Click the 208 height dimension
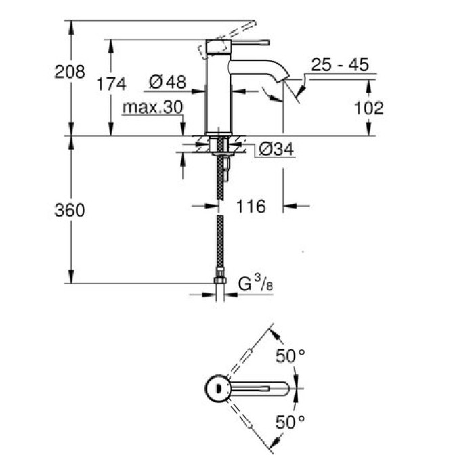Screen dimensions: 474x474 (70, 71)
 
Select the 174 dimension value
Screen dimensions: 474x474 (111, 84)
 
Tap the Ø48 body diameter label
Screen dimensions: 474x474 (167, 83)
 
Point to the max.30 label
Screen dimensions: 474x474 (153, 108)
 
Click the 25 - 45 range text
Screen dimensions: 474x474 (339, 65)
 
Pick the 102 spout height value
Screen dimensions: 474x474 (368, 108)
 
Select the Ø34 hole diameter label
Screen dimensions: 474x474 (276, 150)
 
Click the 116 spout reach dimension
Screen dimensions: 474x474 (251, 206)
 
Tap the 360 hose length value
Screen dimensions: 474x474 (70, 211)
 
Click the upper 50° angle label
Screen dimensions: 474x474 (289, 355)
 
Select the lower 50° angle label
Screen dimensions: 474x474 (289, 423)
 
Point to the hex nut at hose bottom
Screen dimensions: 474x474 (219, 279)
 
